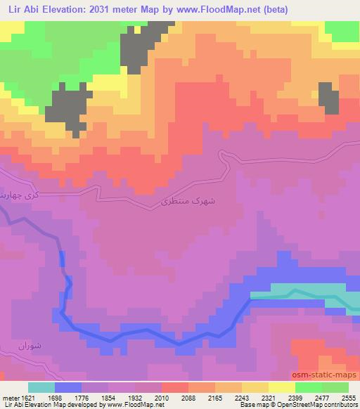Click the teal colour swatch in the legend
coord(41,387)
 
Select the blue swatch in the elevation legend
coord(68,387)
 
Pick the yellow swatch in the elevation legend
coord(282,387)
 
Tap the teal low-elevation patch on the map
coord(295,294)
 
